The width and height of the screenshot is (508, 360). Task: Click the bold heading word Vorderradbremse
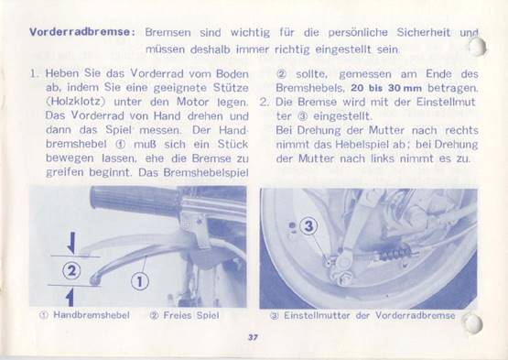point(80,32)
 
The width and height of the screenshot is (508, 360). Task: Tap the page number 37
point(253,337)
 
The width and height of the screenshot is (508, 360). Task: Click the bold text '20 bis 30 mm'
point(386,88)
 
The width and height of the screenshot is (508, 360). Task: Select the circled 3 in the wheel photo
point(308,226)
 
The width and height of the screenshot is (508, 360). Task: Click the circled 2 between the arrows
point(71,270)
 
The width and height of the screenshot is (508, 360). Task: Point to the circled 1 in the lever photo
point(140,281)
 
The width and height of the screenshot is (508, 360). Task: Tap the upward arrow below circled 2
point(70,298)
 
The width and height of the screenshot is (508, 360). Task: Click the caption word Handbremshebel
point(92,315)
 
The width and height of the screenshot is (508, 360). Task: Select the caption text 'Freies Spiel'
point(191,315)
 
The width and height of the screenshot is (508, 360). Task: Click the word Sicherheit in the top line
point(424,32)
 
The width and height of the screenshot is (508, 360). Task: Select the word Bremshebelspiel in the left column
point(206,172)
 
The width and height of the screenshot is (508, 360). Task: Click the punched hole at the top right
point(477,47)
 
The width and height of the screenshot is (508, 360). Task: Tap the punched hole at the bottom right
point(473,323)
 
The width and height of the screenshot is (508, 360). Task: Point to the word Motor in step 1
point(192,102)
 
